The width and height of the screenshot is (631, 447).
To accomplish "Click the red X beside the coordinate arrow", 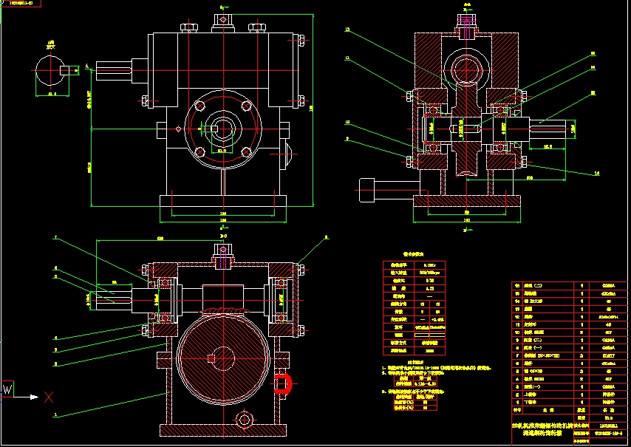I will click(x=49, y=397).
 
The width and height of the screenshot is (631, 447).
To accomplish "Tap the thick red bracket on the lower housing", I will click(x=284, y=383).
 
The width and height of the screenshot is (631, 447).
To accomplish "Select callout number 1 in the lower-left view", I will click(x=55, y=415).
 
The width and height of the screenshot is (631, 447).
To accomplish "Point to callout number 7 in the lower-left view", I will click(x=55, y=238).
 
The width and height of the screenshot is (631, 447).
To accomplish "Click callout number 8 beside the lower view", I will click(x=325, y=238).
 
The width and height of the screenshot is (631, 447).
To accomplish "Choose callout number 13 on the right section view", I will click(x=347, y=30).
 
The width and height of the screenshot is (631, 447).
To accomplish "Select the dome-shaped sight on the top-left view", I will click(x=289, y=155).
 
